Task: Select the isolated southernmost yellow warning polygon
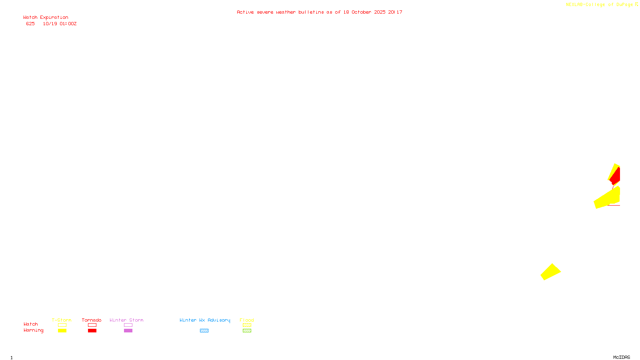pyautogui.click(x=551, y=272)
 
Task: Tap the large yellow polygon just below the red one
pyautogui.click(x=608, y=198)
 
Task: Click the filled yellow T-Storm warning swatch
pyautogui.click(x=62, y=331)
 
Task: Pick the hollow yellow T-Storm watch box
pyautogui.click(x=62, y=325)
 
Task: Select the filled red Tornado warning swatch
pyautogui.click(x=92, y=331)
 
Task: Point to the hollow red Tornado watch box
pyautogui.click(x=92, y=325)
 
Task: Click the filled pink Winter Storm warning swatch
pyautogui.click(x=128, y=331)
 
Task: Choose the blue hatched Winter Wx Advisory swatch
pyautogui.click(x=204, y=331)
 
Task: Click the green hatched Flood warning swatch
pyautogui.click(x=247, y=331)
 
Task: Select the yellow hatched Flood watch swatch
pyautogui.click(x=247, y=325)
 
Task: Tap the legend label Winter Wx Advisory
pyautogui.click(x=205, y=320)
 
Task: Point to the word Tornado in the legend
pyautogui.click(x=92, y=320)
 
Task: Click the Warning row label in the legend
pyautogui.click(x=33, y=330)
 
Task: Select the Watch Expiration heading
pyautogui.click(x=46, y=18)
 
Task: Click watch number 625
pyautogui.click(x=30, y=24)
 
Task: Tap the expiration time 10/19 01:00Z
pyautogui.click(x=60, y=24)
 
